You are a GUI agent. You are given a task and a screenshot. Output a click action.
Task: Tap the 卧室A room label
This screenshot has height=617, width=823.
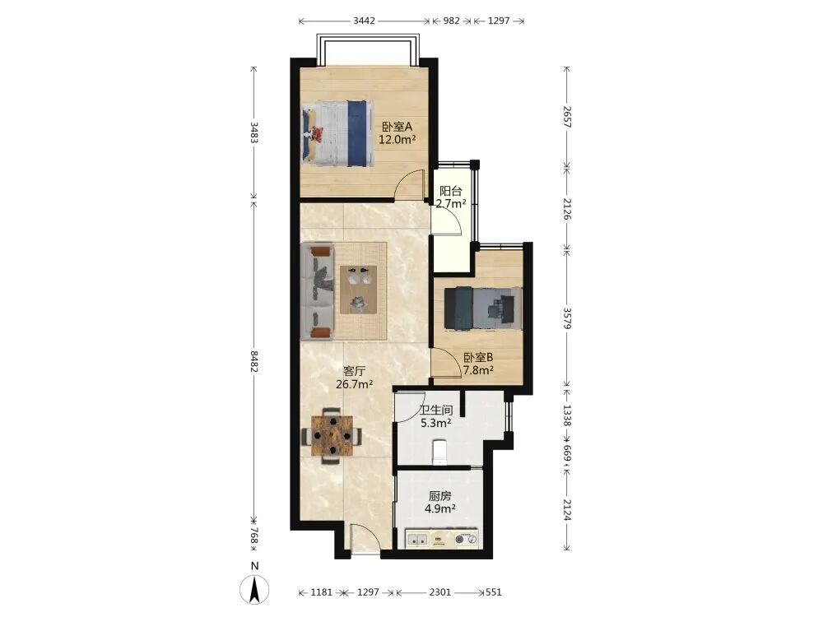(x=398, y=127)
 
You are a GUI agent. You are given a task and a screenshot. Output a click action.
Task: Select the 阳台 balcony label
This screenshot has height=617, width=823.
(x=450, y=191)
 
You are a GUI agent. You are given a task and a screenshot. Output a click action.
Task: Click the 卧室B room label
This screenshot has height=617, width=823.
(x=478, y=357)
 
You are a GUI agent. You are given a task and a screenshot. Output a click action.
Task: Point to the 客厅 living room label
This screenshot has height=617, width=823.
(x=354, y=372)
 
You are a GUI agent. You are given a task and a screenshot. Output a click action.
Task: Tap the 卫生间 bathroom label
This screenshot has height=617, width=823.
(x=436, y=410)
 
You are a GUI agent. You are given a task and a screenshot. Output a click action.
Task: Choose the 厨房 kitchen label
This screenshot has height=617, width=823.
(x=439, y=496)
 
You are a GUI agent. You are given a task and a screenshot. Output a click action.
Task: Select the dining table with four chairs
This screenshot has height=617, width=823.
(x=332, y=435)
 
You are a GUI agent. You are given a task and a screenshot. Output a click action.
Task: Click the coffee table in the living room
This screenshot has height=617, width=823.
(x=359, y=290)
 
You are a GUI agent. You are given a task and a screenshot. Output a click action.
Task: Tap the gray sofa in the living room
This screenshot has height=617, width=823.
(x=318, y=291)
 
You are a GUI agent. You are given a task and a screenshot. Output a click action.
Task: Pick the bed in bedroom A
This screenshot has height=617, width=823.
(x=337, y=134)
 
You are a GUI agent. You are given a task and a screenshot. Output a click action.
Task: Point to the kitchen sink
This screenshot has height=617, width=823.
(x=418, y=540)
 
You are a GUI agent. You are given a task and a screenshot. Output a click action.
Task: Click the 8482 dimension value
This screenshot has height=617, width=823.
(x=253, y=361)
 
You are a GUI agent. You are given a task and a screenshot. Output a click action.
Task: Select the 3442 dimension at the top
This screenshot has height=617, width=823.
(x=365, y=21)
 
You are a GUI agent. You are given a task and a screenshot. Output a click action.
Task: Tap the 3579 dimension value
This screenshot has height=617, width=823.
(x=567, y=318)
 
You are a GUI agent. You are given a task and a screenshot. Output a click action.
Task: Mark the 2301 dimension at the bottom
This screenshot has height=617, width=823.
(x=439, y=592)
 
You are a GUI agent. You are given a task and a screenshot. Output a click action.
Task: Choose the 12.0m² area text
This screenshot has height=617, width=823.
(x=398, y=140)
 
